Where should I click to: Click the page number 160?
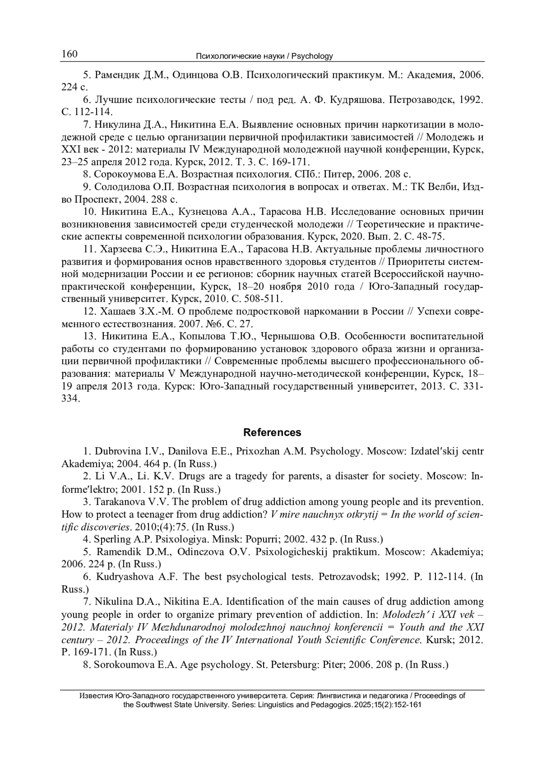69,54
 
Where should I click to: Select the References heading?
272,432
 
